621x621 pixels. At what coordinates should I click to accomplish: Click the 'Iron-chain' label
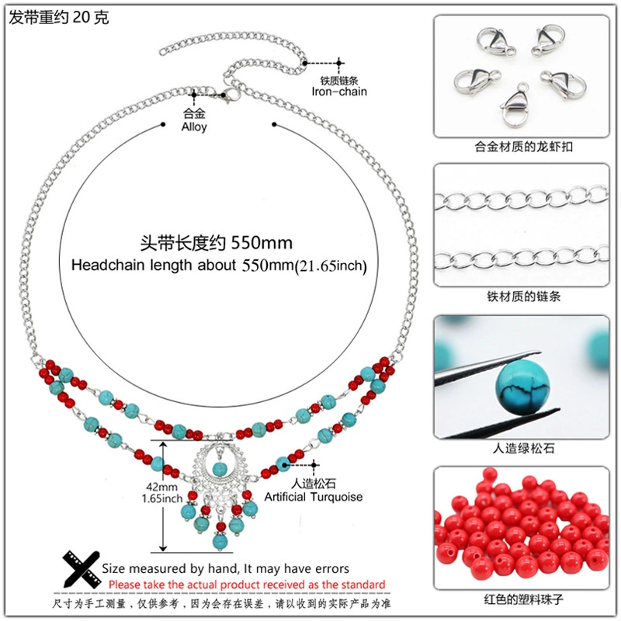click(339, 92)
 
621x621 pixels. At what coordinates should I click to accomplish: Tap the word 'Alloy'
click(194, 127)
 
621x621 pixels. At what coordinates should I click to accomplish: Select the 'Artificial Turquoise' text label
click(314, 497)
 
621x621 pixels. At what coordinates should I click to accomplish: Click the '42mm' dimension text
click(161, 487)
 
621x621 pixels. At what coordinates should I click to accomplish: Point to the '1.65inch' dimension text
click(162, 498)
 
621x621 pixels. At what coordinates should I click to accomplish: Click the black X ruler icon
click(82, 569)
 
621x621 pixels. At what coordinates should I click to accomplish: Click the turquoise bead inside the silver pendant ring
click(220, 469)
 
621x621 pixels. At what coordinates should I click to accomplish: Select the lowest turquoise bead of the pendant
click(220, 541)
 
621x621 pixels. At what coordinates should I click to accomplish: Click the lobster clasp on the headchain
click(231, 95)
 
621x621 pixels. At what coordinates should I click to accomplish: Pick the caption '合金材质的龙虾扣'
click(523, 147)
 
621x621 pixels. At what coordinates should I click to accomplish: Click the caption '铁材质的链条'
click(523, 297)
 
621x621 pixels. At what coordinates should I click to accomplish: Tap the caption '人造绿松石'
click(523, 448)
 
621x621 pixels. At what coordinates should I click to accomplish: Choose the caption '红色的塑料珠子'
click(523, 599)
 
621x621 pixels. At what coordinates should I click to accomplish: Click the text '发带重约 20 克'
click(59, 17)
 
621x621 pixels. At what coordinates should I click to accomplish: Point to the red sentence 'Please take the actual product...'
click(247, 585)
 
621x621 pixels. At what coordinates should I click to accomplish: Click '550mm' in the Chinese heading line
click(262, 243)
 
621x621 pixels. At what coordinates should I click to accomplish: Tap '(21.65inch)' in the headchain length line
click(331, 265)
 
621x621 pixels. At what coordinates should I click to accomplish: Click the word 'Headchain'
click(108, 265)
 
